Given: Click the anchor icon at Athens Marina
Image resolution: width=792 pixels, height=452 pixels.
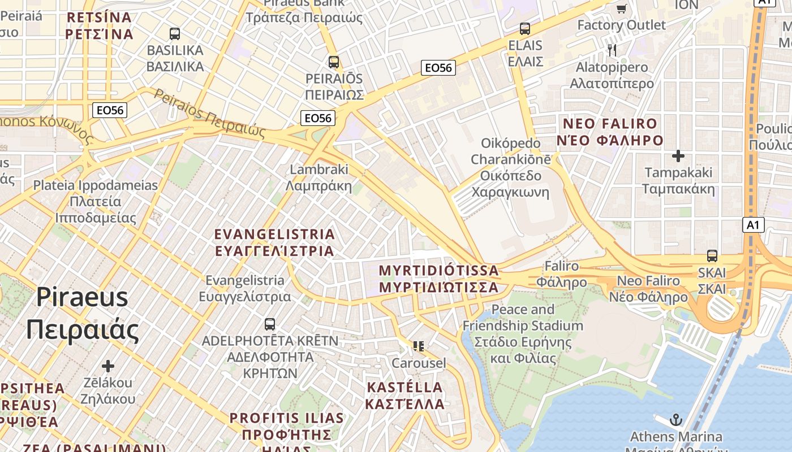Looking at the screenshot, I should point(675,420).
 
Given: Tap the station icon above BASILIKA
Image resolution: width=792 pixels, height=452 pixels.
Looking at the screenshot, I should point(175,33).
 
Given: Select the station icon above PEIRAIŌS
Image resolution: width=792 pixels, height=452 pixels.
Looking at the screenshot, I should point(334,62).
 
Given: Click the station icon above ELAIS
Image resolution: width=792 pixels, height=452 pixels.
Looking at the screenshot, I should point(525,28).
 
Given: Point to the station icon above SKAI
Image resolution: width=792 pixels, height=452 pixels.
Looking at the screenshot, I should point(712,255).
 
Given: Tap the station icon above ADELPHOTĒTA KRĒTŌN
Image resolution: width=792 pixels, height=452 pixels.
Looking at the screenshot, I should point(270,324).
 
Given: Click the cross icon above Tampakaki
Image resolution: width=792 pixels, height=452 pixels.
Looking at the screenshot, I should point(678,155).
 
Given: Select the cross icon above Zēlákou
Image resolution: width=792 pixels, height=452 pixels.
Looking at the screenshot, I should point(107,366).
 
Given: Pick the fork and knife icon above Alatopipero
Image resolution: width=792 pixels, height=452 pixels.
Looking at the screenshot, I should point(612,50).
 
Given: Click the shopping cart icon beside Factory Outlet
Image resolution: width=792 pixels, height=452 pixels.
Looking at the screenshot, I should point(621,8).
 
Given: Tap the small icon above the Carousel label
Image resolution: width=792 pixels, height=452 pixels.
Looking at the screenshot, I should point(419,346).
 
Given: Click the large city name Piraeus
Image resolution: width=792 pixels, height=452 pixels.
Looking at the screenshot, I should point(83,297).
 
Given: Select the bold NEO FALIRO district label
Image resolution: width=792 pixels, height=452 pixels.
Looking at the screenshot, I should point(609,124).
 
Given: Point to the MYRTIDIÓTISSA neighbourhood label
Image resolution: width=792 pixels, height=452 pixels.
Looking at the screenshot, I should point(439,270).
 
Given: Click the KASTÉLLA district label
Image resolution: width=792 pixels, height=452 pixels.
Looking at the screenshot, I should point(404,388).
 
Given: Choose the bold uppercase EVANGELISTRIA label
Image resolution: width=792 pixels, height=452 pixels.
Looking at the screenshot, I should point(275,234).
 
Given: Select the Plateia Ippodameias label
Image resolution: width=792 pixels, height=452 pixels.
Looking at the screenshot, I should point(96,185).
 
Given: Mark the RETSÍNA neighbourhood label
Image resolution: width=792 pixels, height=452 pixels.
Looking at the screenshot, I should point(99,18).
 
